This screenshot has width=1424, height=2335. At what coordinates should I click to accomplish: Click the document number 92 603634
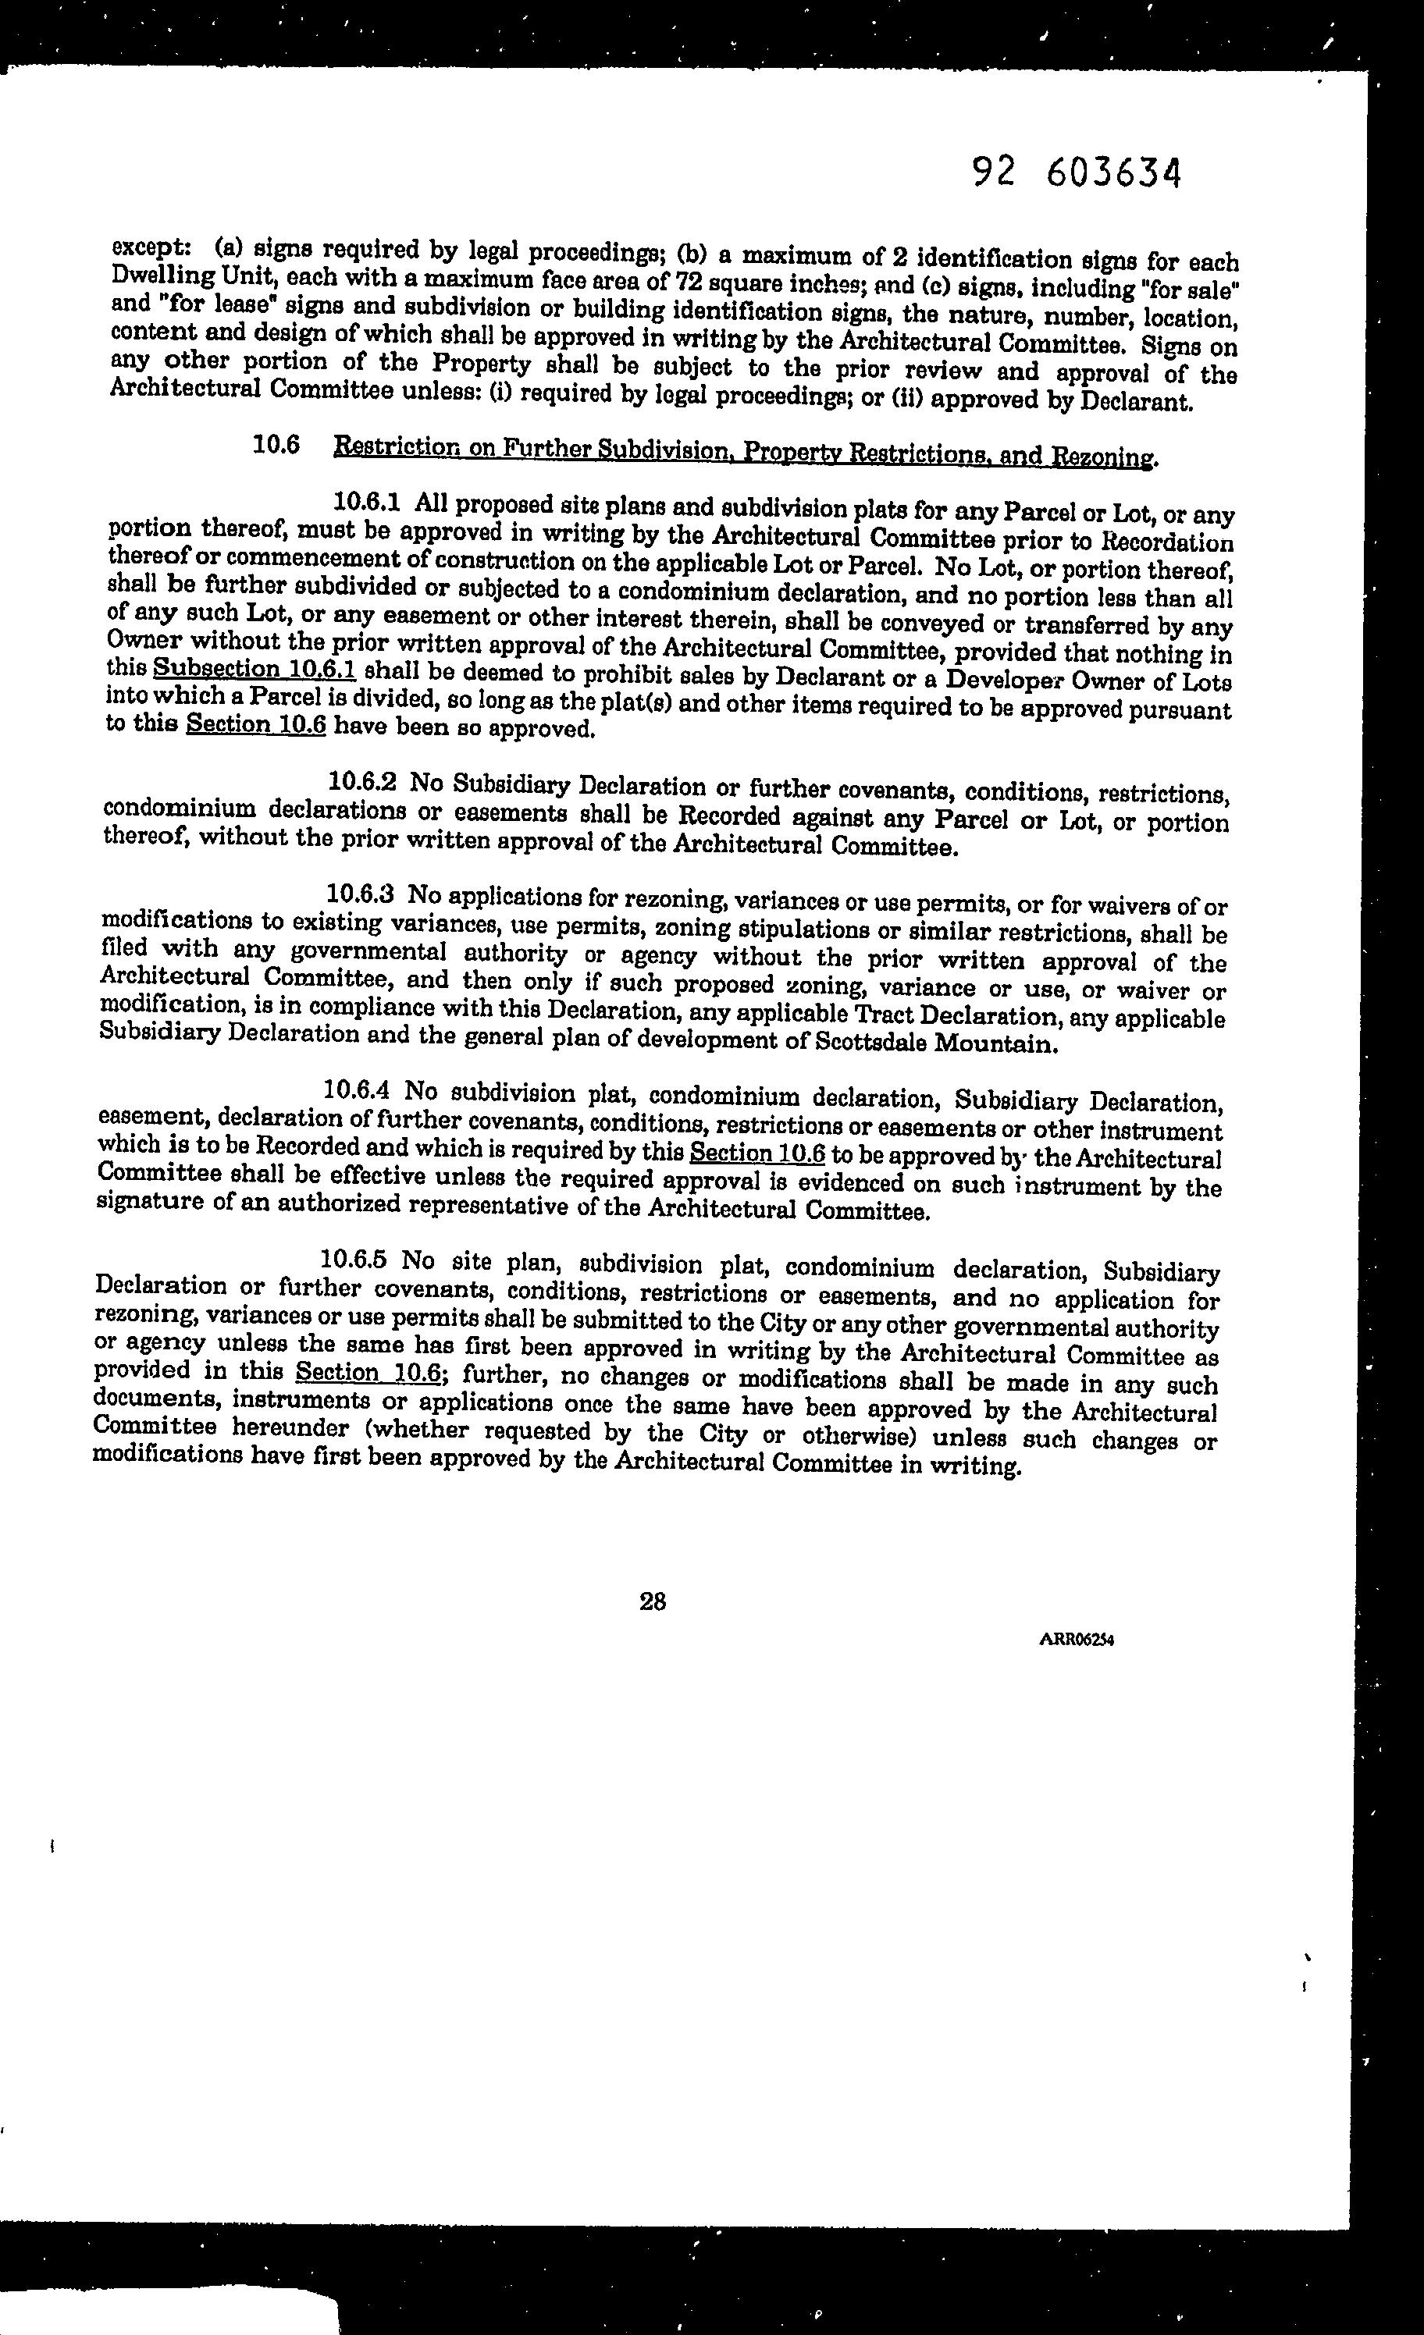click(1077, 173)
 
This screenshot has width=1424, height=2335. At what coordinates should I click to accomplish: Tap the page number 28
click(652, 1601)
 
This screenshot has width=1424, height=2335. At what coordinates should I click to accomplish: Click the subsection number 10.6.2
click(362, 782)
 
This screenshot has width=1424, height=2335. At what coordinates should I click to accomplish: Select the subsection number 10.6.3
click(359, 894)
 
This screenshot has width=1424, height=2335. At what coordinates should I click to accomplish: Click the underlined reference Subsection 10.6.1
click(254, 669)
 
